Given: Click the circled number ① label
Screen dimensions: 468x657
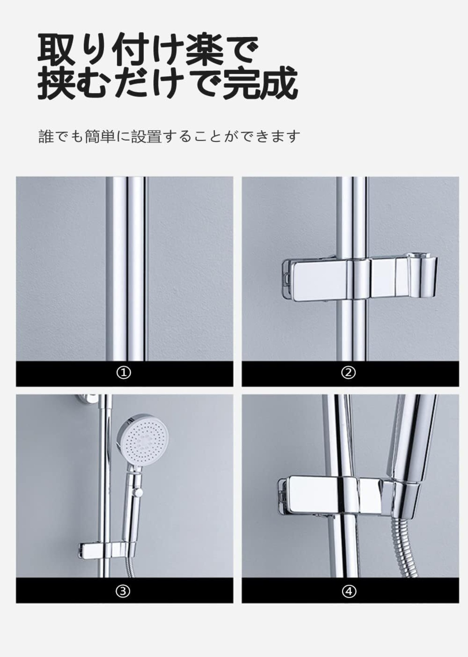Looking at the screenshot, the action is pos(124,373).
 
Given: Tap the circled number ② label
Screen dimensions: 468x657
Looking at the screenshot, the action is pos(348,373).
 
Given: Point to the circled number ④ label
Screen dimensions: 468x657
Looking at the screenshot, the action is pos(349,591).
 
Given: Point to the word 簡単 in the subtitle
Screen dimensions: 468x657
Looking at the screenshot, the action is pos(100,137).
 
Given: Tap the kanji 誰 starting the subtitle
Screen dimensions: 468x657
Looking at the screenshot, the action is pos(46,137).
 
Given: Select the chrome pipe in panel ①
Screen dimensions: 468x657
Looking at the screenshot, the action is pos(126,269).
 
